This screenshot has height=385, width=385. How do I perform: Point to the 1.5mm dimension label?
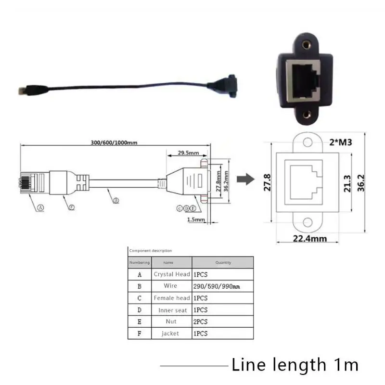click(x=196, y=219)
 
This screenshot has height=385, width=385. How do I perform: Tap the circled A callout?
click(x=40, y=207)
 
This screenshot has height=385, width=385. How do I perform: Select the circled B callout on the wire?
click(x=115, y=201)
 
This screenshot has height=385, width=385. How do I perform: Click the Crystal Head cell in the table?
click(x=172, y=274)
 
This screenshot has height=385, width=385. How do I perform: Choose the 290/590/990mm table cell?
click(x=216, y=286)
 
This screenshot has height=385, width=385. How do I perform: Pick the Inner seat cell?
click(x=172, y=310)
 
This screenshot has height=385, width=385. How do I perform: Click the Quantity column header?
click(x=223, y=262)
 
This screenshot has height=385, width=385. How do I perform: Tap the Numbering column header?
click(x=140, y=262)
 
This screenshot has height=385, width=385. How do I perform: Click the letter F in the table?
click(x=140, y=333)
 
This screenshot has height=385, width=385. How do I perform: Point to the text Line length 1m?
click(x=295, y=365)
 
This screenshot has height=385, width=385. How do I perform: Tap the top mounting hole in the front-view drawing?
click(x=307, y=143)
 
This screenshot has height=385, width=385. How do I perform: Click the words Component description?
click(x=150, y=251)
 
